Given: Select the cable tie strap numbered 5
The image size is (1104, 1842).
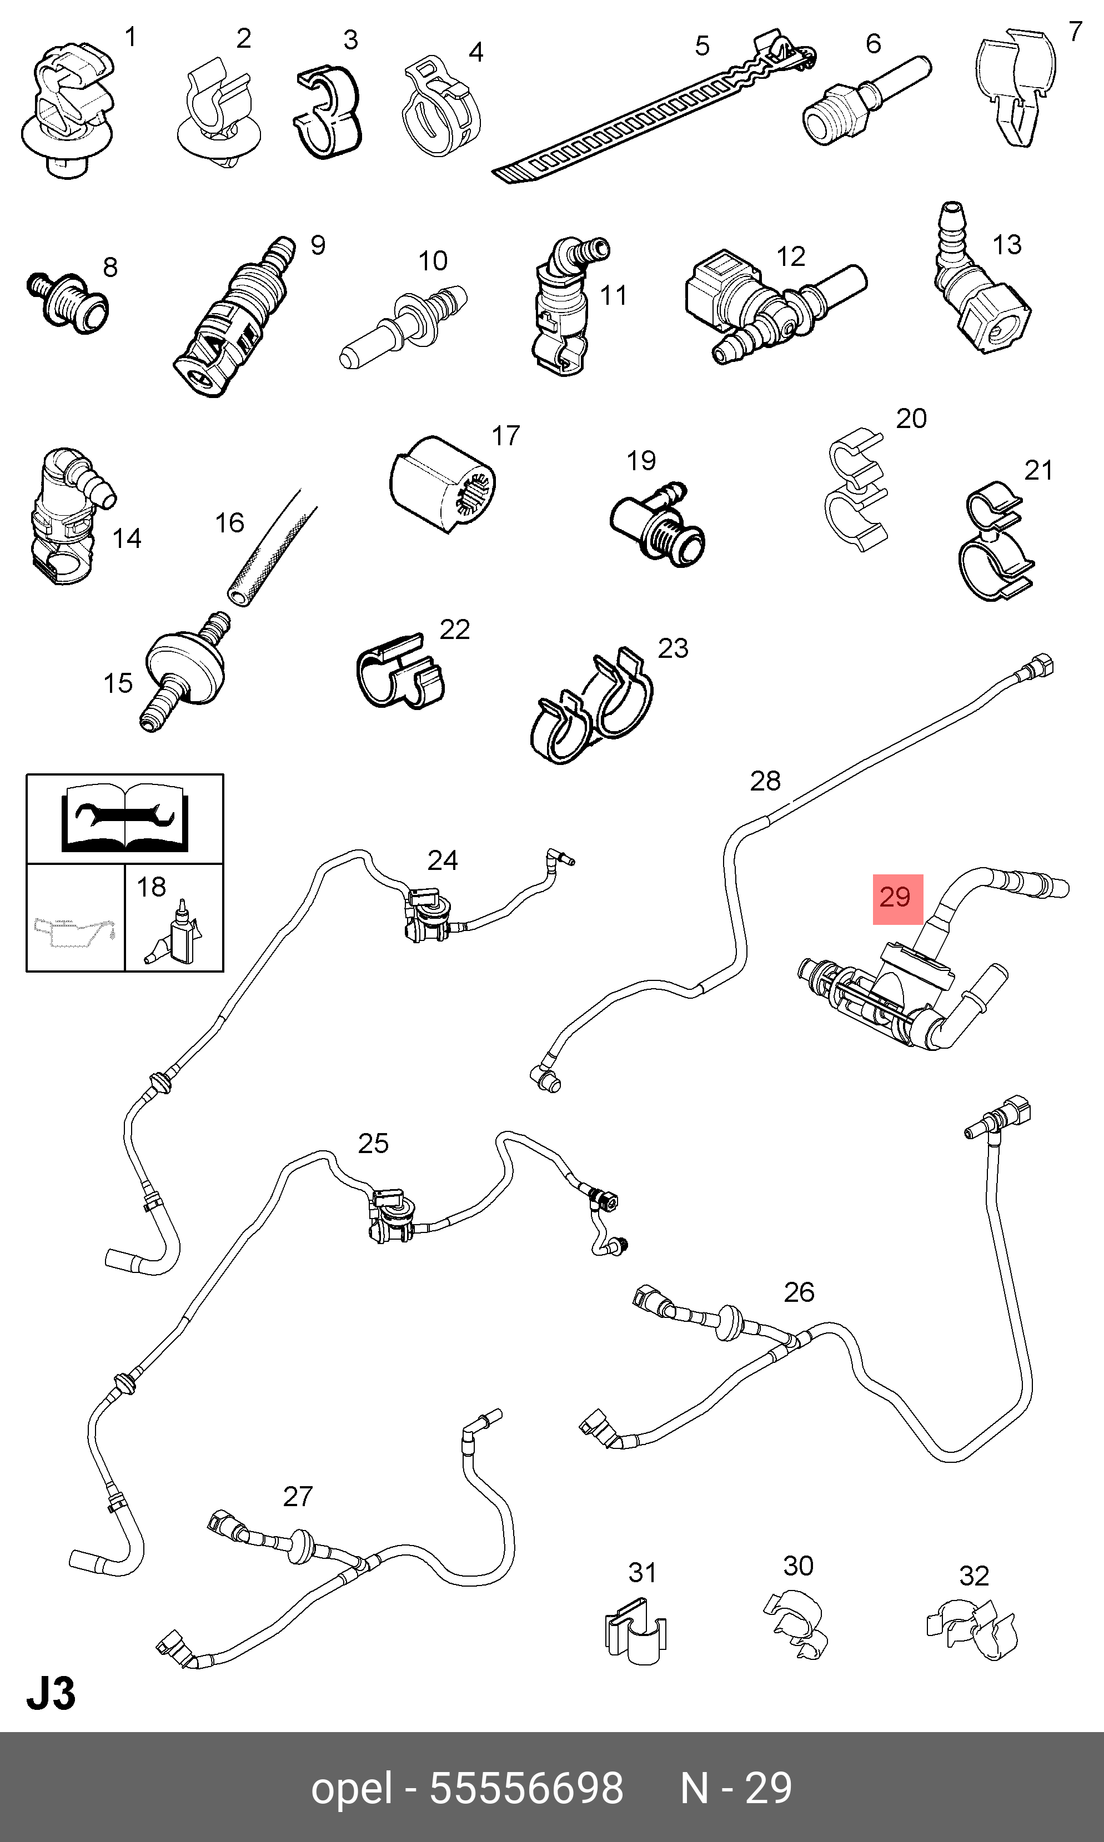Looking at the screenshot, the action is (x=655, y=108).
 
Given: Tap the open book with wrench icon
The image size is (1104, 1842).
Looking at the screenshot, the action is (x=124, y=817).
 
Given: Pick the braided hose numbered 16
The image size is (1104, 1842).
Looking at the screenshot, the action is (x=272, y=548).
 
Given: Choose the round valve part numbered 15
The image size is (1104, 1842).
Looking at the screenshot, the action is (x=184, y=670).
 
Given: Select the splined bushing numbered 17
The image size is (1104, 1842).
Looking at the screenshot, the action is (x=443, y=484).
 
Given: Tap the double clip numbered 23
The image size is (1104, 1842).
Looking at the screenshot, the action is (x=592, y=707).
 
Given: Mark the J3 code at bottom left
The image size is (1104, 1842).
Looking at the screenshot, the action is (x=51, y=1694).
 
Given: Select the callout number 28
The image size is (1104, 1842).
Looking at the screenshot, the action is (x=765, y=781).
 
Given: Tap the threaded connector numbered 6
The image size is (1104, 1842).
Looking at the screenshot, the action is (x=866, y=101).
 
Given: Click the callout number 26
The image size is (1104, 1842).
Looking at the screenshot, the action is (x=799, y=1292).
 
